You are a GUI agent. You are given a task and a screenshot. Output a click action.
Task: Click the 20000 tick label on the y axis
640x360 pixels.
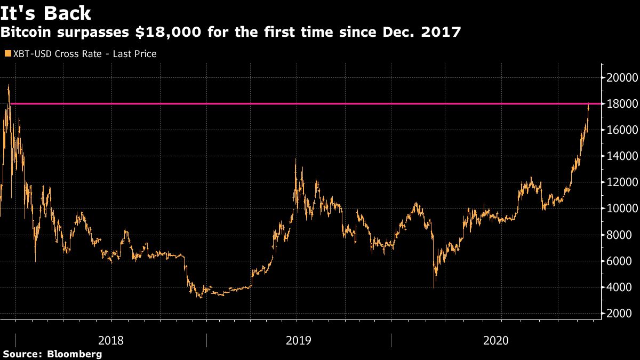[x=620, y=77]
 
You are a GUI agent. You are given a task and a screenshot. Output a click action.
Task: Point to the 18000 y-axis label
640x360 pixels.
[x=620, y=103]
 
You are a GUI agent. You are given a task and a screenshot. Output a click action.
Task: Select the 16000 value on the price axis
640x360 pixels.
[x=620, y=130]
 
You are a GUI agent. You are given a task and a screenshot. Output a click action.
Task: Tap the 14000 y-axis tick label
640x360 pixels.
[x=620, y=156]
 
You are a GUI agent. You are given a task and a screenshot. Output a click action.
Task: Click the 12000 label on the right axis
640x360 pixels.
[x=620, y=182]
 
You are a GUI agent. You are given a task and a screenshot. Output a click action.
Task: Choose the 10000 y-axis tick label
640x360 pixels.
[x=620, y=208]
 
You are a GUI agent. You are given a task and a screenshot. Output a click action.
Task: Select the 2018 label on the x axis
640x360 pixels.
[x=111, y=340]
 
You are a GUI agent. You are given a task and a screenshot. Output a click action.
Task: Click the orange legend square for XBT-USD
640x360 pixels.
[x=7, y=54]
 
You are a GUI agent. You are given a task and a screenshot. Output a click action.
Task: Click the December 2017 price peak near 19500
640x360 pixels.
[x=9, y=85]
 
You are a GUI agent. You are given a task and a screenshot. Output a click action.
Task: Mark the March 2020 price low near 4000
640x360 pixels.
[x=434, y=287]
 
